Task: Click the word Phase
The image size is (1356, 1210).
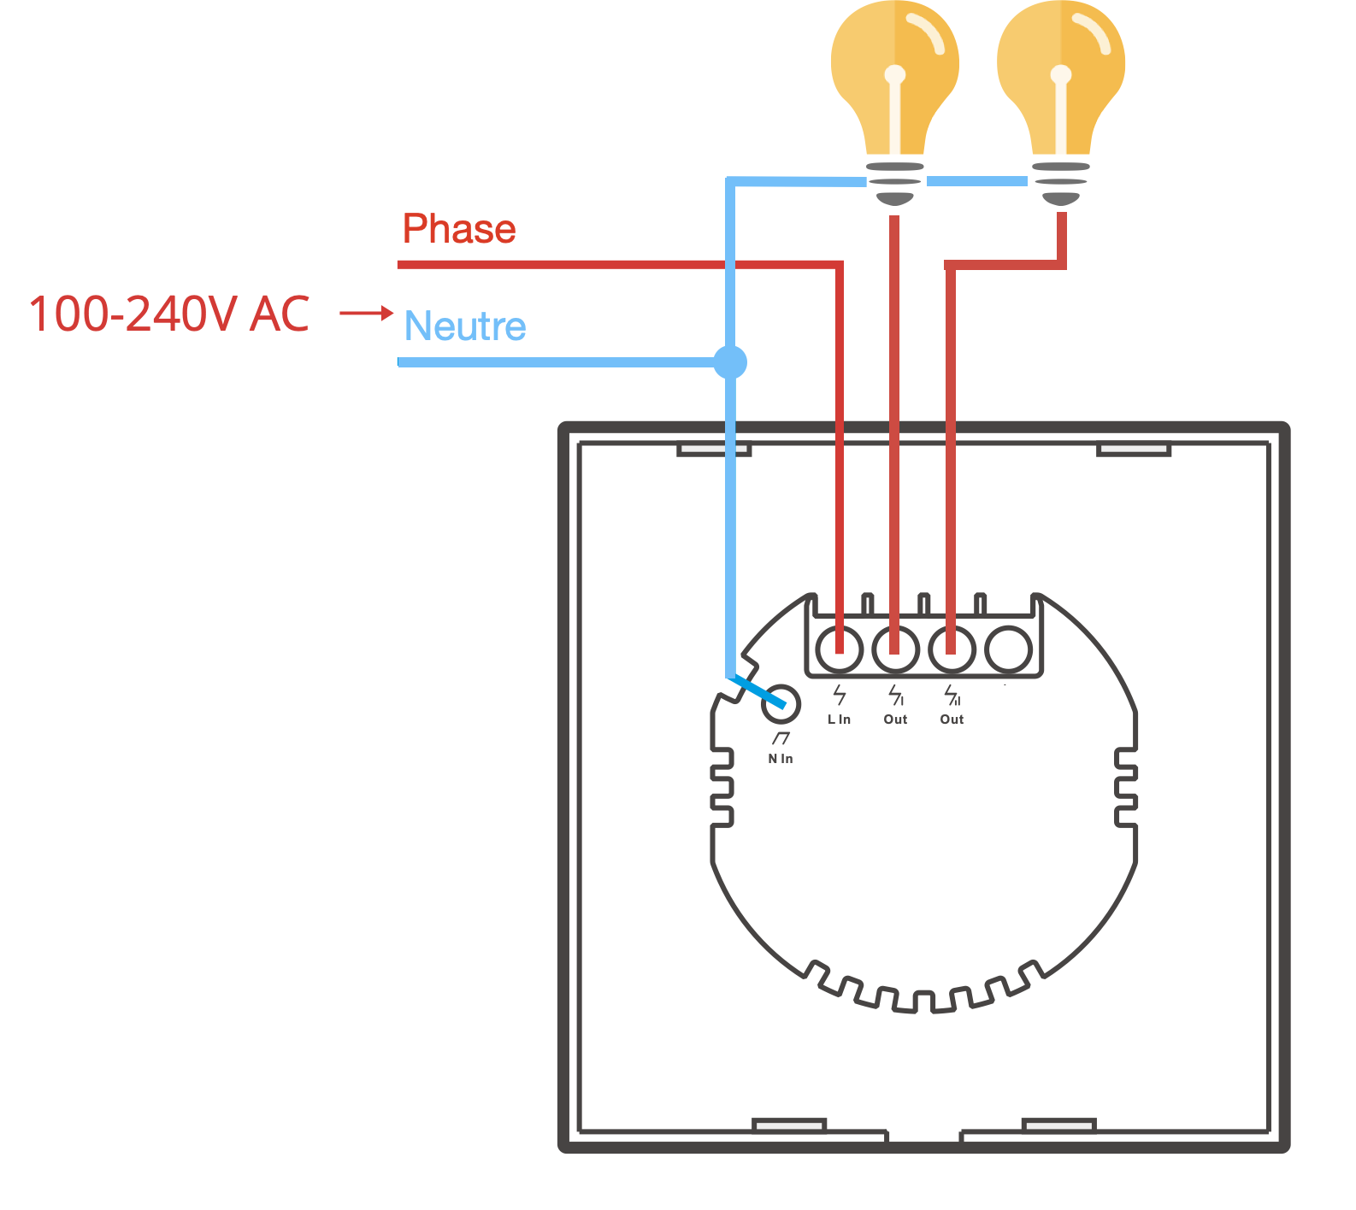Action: tap(459, 229)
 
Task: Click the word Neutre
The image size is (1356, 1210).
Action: tap(465, 326)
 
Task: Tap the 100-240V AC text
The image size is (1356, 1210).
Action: tap(168, 314)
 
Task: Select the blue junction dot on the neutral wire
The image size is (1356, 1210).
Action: tap(730, 362)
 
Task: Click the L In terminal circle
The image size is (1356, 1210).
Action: tap(840, 649)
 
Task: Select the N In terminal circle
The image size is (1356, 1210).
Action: tap(780, 704)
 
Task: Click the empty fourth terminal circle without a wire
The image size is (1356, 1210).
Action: tap(1009, 649)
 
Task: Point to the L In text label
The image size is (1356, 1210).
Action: tap(839, 720)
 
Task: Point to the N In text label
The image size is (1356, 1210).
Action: tap(780, 759)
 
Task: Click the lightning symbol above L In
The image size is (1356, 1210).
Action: tap(840, 695)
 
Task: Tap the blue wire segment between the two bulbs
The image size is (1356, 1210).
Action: tap(976, 181)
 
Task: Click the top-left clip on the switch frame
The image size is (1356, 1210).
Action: tap(713, 449)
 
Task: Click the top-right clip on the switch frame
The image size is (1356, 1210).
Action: tap(1133, 449)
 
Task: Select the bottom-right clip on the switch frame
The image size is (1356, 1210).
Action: tap(1059, 1125)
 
